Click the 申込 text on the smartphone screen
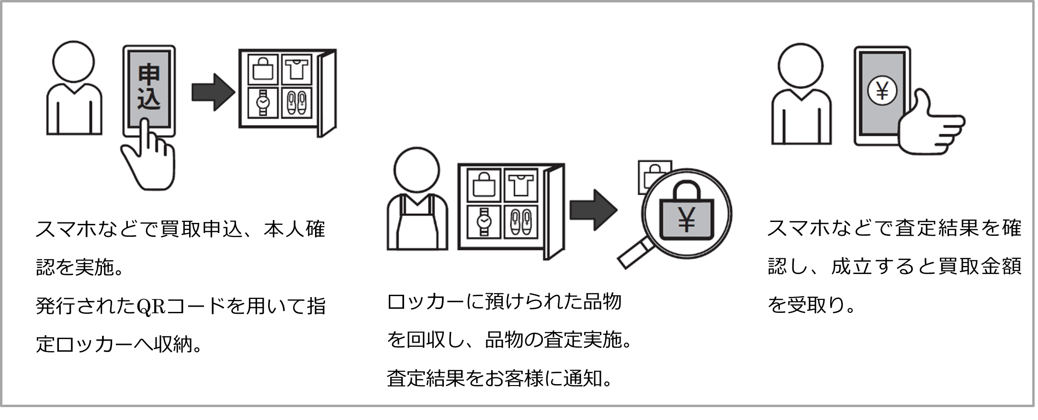(148, 88)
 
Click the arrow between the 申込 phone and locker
(213, 92)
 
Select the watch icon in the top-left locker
(263, 102)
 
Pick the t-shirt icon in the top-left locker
(296, 69)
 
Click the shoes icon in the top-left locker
(296, 102)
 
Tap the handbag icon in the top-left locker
(263, 69)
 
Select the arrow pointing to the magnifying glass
(593, 210)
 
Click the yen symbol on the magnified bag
(686, 220)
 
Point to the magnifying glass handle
(634, 254)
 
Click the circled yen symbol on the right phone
(882, 90)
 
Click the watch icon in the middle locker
(484, 221)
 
